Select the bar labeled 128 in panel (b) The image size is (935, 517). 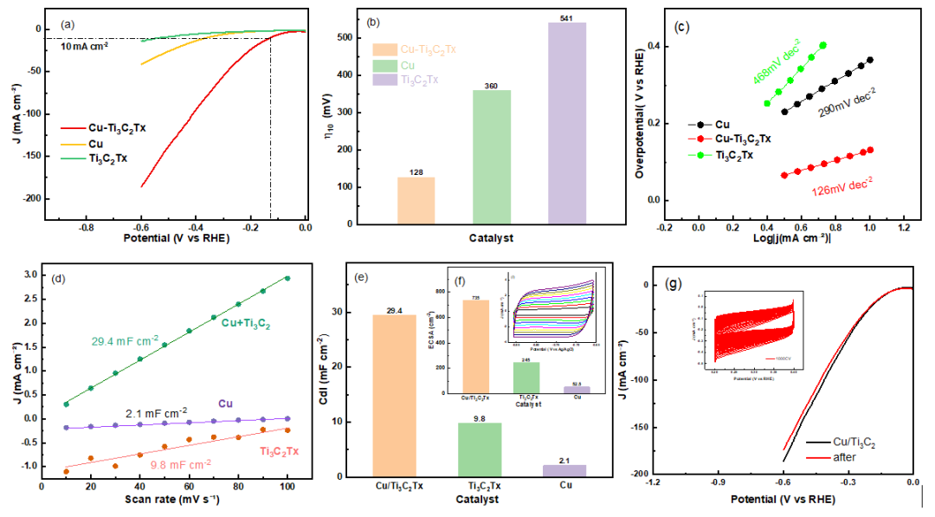pyautogui.click(x=416, y=200)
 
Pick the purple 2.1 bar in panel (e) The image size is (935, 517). pyautogui.click(x=565, y=470)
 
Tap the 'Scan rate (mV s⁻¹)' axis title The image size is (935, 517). pyautogui.click(x=158, y=500)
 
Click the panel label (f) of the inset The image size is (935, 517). pyautogui.click(x=450, y=281)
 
